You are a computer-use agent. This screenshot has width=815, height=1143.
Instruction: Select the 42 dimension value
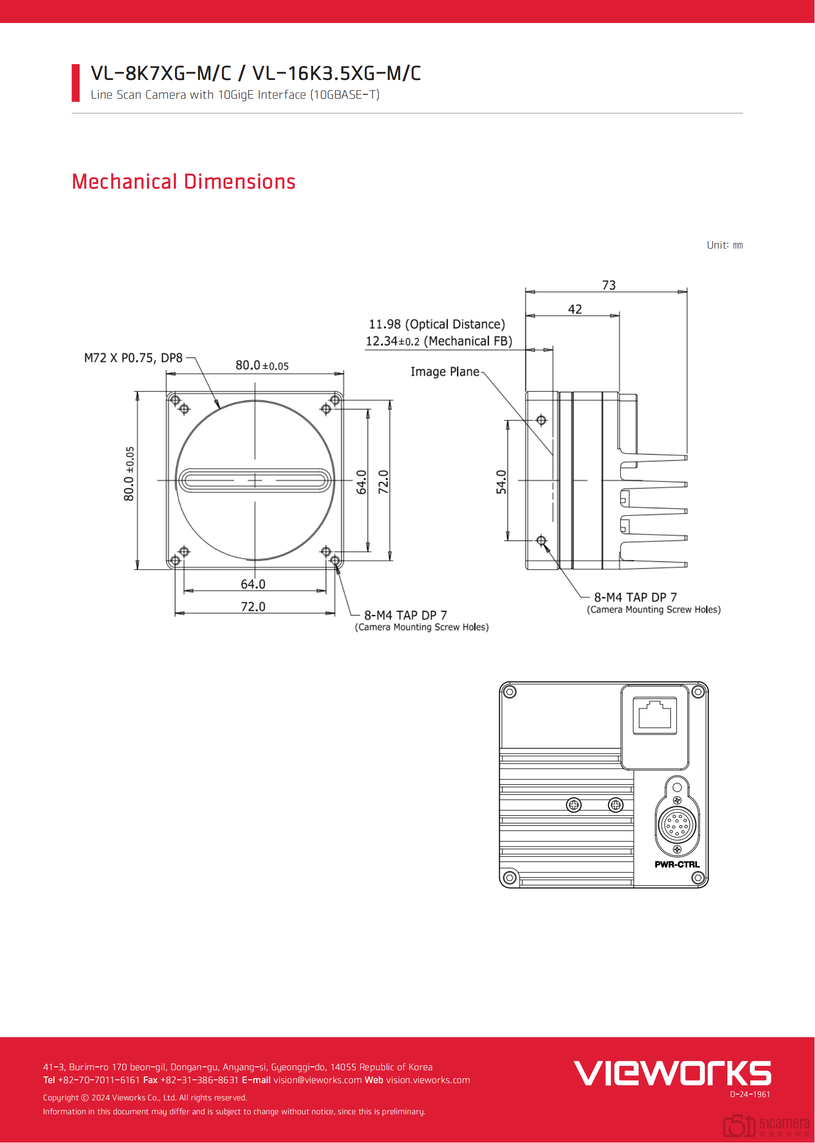574,309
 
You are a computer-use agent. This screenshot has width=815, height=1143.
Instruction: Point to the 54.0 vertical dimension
501,482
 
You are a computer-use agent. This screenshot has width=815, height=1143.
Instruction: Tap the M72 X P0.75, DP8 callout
133,358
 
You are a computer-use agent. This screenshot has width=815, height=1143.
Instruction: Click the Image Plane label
445,372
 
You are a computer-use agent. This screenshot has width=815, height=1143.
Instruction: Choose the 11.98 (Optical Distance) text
436,324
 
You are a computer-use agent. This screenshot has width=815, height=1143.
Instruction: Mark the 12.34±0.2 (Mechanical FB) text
438,341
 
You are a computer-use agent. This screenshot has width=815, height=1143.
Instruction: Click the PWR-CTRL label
677,864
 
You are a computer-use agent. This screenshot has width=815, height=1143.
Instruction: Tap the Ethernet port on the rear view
654,715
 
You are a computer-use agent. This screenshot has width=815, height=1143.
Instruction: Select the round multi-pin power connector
677,823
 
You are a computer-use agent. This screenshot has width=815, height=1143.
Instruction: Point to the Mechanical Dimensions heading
183,182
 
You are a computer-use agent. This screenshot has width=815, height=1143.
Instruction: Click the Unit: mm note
724,245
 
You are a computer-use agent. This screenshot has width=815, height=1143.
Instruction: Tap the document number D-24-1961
750,1094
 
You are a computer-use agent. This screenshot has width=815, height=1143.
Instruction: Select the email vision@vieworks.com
317,1080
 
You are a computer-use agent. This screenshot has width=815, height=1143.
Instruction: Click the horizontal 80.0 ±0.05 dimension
262,366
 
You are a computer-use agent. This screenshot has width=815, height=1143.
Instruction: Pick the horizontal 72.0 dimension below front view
253,606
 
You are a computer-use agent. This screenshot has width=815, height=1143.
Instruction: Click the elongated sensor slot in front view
255,480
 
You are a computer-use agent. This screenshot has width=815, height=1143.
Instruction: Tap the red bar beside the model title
76,83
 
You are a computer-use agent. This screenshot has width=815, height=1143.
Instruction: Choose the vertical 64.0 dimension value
361,482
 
